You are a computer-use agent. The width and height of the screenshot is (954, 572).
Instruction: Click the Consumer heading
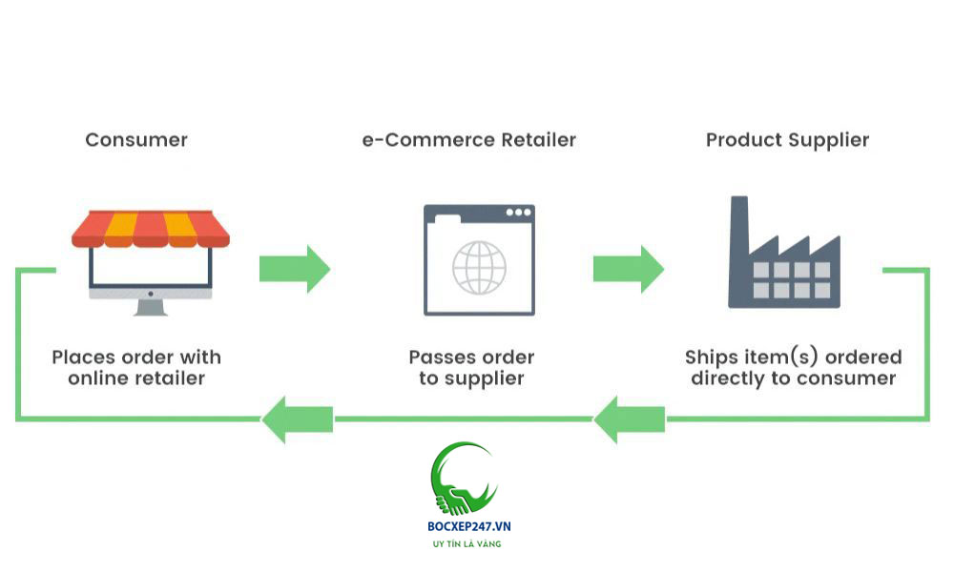pos(136,140)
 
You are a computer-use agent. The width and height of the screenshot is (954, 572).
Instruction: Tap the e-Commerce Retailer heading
pos(468,140)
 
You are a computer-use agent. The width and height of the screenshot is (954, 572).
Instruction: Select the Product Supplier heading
pos(787,140)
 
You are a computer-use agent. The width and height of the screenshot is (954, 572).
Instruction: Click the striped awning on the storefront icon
pos(151,229)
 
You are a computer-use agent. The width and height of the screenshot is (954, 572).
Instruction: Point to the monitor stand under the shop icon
pos(151,306)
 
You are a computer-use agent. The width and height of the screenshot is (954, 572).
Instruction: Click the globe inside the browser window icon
pos(479,267)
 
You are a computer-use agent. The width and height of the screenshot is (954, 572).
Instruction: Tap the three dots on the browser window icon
pos(518,212)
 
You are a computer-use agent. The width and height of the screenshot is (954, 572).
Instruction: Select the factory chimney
pos(739,224)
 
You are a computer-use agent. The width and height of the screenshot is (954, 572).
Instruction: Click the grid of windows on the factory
pos(794,279)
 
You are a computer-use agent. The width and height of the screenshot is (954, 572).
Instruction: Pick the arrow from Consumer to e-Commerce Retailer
pos(294,269)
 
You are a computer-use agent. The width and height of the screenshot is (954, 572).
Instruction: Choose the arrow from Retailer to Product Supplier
pos(628,269)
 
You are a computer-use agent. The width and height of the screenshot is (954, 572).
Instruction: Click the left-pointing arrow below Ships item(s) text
pos(630,419)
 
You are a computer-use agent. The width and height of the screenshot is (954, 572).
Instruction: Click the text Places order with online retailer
pos(136,368)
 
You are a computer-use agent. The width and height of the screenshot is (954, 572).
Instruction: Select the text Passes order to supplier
pos(471,368)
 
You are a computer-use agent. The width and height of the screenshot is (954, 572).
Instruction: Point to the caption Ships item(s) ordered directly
pos(793,368)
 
